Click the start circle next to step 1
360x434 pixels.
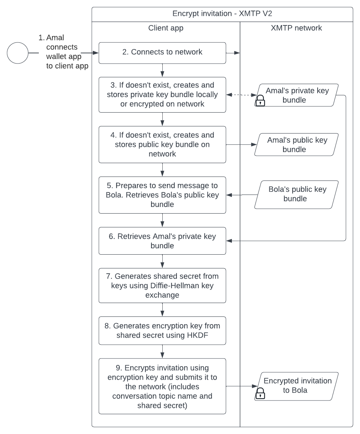tap(18, 53)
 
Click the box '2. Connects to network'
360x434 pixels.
tap(162, 53)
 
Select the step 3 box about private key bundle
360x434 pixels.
tap(162, 95)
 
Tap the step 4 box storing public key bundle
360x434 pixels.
tap(162, 144)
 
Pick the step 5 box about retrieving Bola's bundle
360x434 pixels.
tap(162, 195)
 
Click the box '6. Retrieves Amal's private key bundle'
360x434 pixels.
tap(162, 241)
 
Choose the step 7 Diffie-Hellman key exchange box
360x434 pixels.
tap(162, 285)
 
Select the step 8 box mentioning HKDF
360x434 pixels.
tap(162, 331)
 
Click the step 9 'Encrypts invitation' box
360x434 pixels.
tap(162, 386)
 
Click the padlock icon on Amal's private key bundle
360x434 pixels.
tap(260, 101)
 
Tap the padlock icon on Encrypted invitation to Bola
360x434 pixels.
tap(260, 394)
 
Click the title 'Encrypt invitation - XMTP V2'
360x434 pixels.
tap(222, 14)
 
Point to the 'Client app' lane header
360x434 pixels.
tap(166, 28)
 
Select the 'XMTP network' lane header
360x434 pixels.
tap(296, 28)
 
